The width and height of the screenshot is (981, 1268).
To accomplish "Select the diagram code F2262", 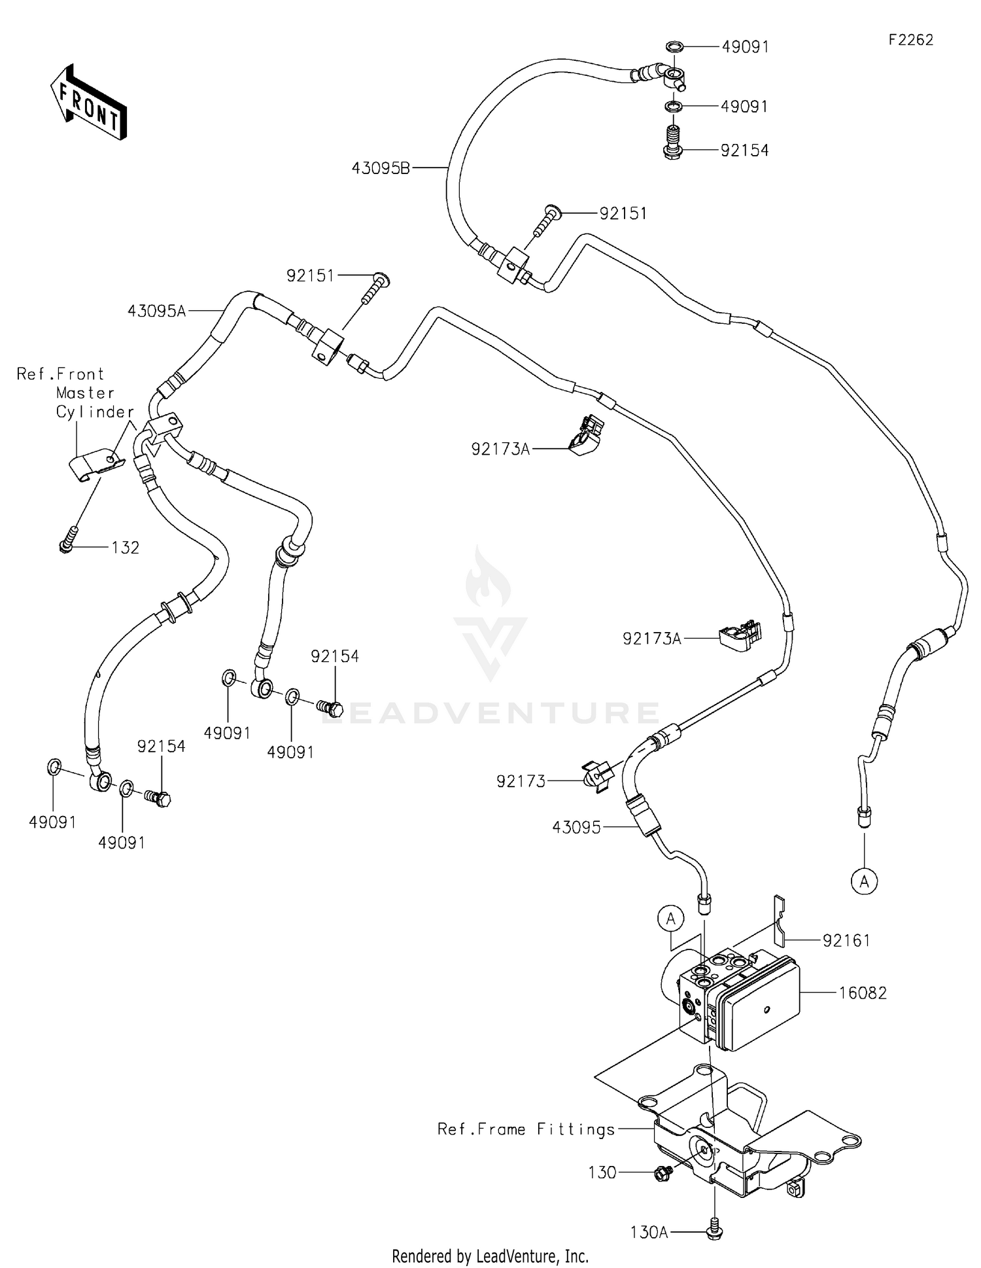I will pyautogui.click(x=910, y=40).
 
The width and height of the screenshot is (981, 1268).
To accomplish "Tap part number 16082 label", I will pyautogui.click(x=863, y=993).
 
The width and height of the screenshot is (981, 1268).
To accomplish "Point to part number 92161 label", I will pyautogui.click(x=846, y=940).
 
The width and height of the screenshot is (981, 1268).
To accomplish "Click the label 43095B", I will pyautogui.click(x=381, y=168).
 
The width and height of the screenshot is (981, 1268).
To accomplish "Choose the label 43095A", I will pyautogui.click(x=156, y=311).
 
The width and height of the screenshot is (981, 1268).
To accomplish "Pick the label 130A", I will pyautogui.click(x=649, y=1233).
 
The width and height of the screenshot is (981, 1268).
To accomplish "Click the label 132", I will pyautogui.click(x=125, y=547).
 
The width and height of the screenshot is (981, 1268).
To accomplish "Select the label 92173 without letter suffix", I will pyautogui.click(x=521, y=781).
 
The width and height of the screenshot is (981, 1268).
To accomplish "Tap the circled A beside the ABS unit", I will pyautogui.click(x=670, y=919).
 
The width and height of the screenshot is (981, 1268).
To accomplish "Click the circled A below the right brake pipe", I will pyautogui.click(x=864, y=882).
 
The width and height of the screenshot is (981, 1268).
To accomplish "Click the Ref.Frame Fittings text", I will pyautogui.click(x=526, y=1129).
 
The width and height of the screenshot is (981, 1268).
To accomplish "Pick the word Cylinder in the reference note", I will pyautogui.click(x=95, y=412).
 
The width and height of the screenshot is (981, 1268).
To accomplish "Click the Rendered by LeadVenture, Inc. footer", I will pyautogui.click(x=490, y=1256).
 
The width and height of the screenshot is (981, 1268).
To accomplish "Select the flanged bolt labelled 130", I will pyautogui.click(x=663, y=1173).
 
